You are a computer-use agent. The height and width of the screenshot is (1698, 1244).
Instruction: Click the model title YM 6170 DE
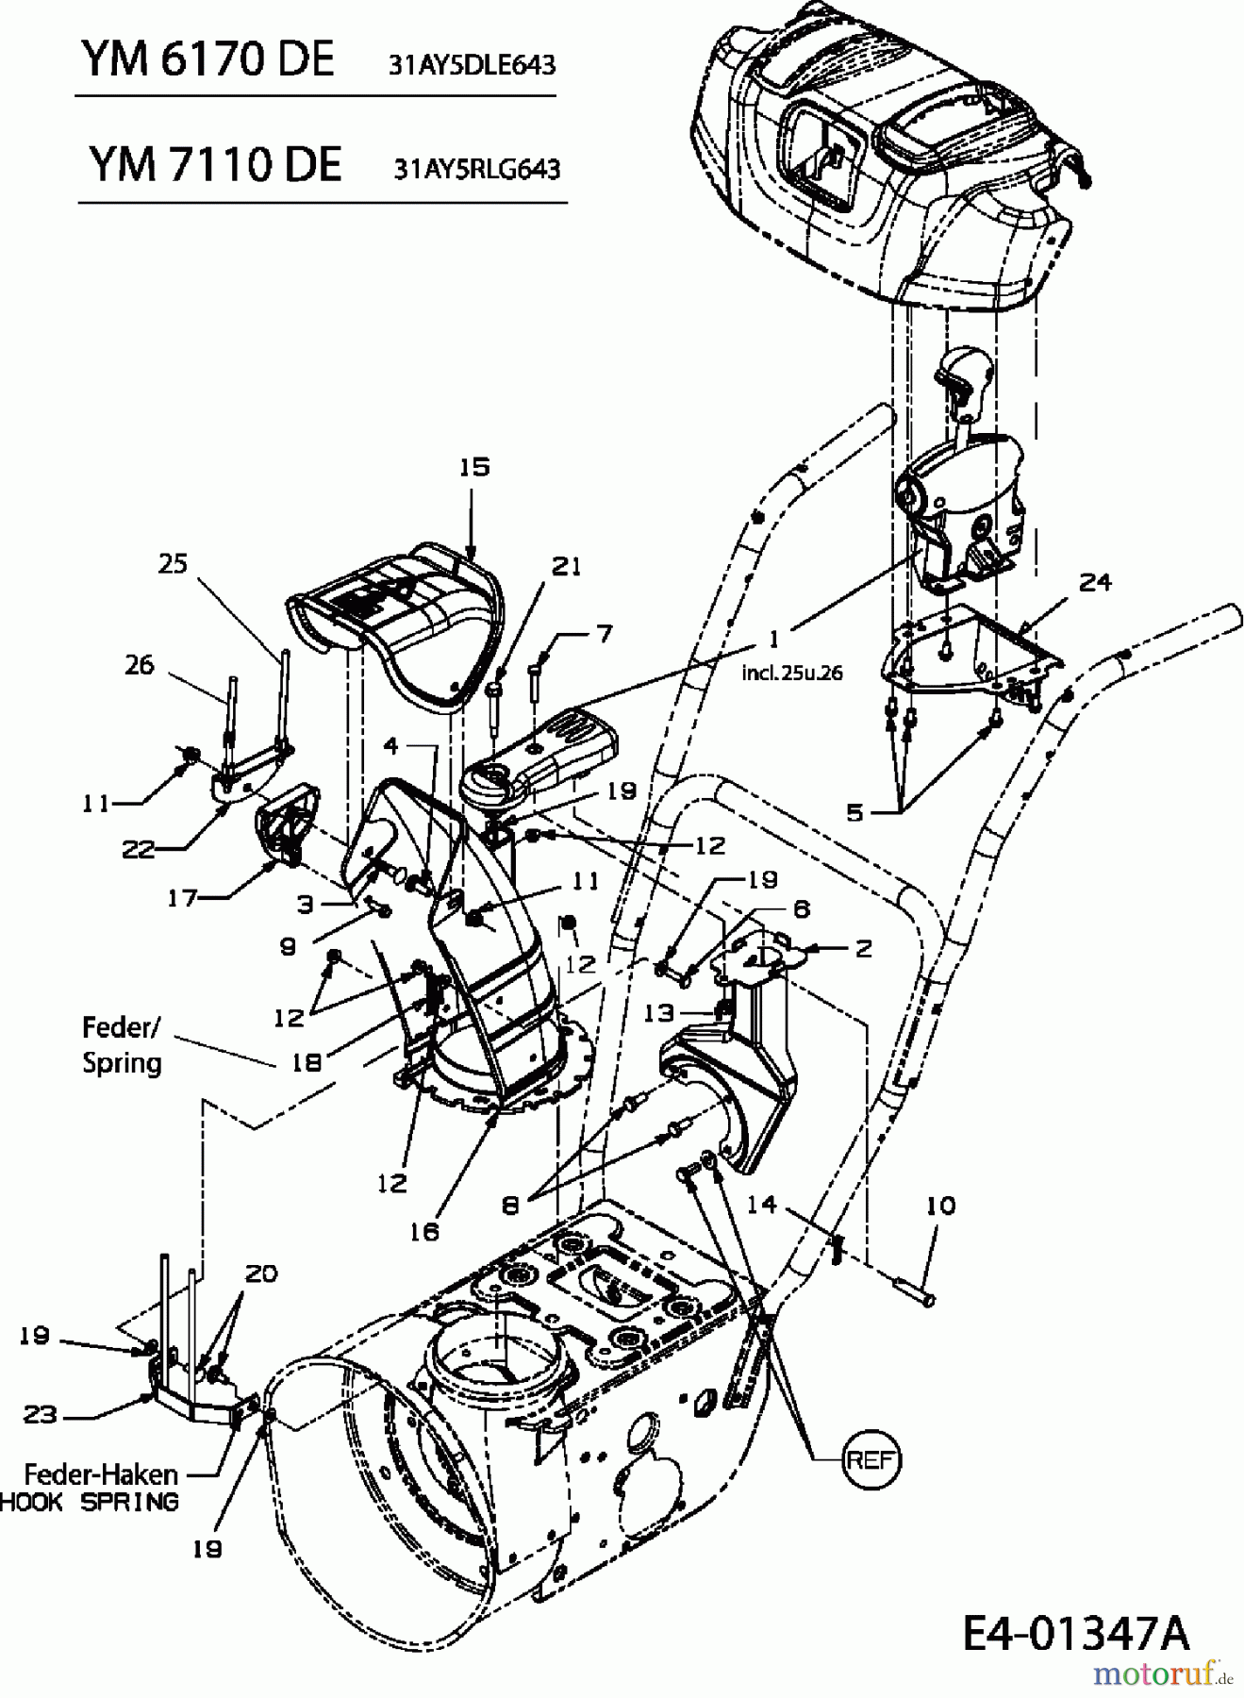[x=207, y=60]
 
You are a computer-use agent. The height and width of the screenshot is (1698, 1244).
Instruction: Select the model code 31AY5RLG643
[x=477, y=169]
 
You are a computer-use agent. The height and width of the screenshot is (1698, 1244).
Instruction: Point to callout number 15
[x=475, y=467]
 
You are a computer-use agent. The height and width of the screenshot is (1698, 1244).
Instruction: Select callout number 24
[x=1095, y=582]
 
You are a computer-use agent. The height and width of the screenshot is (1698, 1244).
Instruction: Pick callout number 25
[x=173, y=563]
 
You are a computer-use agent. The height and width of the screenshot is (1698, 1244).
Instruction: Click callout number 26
[x=139, y=664]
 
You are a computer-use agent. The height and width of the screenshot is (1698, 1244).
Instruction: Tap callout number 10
[x=940, y=1205]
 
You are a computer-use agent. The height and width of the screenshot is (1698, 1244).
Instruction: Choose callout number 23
[x=41, y=1414]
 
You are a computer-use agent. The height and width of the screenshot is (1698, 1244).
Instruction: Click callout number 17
[x=182, y=898]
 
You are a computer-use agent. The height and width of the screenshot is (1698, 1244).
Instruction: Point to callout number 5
[x=854, y=811]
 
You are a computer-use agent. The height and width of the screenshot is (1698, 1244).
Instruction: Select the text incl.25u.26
[x=791, y=673]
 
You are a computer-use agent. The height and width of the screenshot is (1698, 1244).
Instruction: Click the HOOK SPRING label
[x=90, y=1502]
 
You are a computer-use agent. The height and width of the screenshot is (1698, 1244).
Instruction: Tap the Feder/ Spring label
[x=122, y=1044]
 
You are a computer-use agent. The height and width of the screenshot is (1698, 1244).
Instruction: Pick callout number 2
[x=864, y=948]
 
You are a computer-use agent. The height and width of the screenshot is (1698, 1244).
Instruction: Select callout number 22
[x=138, y=849]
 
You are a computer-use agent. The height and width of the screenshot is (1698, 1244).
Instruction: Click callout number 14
[x=761, y=1205]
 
